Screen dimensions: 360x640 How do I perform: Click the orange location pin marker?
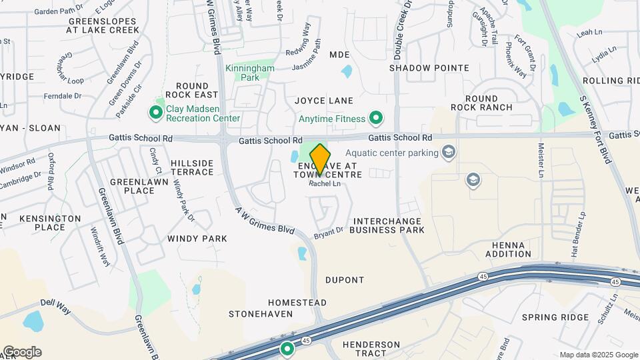[x=320, y=159]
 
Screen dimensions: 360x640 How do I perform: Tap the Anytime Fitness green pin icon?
[x=377, y=119]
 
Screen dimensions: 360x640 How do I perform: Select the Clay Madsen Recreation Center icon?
[x=156, y=113]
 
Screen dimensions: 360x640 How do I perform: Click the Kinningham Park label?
[x=251, y=73]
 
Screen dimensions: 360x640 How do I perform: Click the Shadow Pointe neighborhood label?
[x=429, y=68]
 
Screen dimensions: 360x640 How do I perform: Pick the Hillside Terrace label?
[x=192, y=167]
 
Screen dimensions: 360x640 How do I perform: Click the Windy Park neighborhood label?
[x=197, y=238]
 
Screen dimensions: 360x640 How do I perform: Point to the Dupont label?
[x=345, y=280]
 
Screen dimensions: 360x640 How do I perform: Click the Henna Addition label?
[x=509, y=249]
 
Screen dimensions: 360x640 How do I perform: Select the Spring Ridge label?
[x=555, y=317]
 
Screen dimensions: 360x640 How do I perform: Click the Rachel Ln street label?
[x=325, y=184]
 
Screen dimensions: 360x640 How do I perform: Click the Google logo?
[x=22, y=352]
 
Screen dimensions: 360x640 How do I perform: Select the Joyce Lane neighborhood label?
[x=324, y=101]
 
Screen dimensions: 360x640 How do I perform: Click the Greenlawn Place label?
[x=132, y=186]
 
